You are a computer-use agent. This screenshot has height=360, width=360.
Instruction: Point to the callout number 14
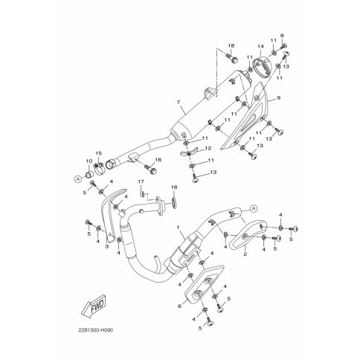[x=260, y=46]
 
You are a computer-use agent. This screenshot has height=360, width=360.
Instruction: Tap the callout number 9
[x=278, y=98]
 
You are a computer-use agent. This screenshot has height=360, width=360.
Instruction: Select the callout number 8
[x=282, y=36]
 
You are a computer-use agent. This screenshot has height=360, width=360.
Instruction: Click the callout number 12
[x=208, y=149]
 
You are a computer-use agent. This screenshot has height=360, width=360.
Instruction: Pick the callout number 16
[x=174, y=187]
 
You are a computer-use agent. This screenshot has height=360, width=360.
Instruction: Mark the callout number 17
[x=141, y=182]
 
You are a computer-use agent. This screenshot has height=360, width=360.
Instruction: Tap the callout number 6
[x=180, y=306]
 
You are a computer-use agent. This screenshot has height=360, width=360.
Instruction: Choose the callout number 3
[x=107, y=246]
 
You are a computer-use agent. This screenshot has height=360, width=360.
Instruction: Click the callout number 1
[x=178, y=227]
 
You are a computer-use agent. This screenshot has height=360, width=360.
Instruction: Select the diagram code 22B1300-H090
[x=96, y=330]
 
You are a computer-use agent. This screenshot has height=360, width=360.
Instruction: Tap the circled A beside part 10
[x=78, y=179]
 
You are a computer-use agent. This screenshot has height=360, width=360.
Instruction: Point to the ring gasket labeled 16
[x=174, y=202]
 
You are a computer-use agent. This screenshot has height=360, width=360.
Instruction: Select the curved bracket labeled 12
[x=188, y=152]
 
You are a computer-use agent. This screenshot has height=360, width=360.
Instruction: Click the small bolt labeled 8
[x=283, y=46]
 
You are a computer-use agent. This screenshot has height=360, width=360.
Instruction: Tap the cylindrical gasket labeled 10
[x=89, y=174]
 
